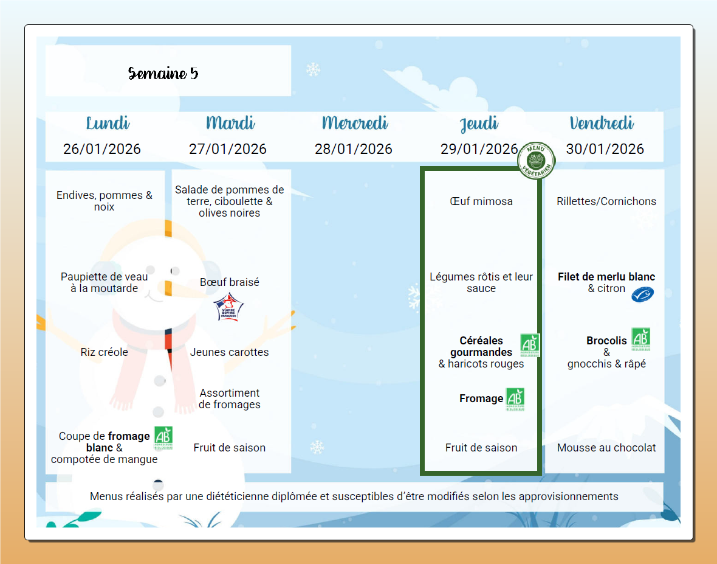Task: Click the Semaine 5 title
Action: point(163,74)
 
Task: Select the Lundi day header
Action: point(108,124)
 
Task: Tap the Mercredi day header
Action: point(355,124)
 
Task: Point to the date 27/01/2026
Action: point(228,149)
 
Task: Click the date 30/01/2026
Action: point(605,149)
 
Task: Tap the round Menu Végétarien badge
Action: point(536,160)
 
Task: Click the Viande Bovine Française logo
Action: point(229,307)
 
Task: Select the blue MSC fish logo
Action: point(642,294)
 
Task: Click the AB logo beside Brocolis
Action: point(640,339)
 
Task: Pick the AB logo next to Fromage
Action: point(515,399)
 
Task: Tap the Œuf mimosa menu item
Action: point(481,201)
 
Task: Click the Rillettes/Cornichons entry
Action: point(606,201)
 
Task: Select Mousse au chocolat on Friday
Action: point(606,448)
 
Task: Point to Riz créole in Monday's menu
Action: point(105,352)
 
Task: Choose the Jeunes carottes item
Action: point(230,352)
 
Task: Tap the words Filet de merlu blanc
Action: point(606,277)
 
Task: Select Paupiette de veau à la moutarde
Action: point(105,282)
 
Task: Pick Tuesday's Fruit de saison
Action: point(230,448)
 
